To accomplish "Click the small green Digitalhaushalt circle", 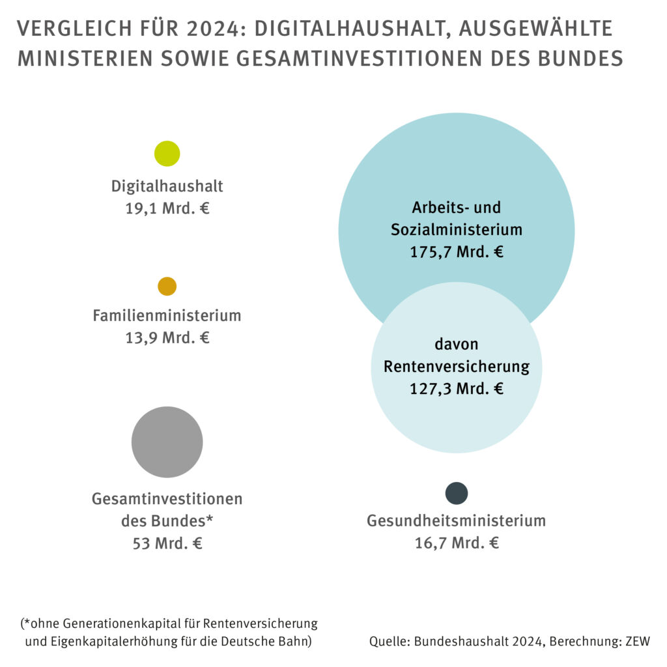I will pos(167,154).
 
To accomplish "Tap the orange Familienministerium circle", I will pos(167,287).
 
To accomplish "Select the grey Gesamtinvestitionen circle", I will pos(167,442).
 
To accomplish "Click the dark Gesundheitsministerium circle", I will pos(457,493).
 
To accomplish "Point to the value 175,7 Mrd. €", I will pos(457,252).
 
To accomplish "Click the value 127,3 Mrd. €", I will pos(457,389).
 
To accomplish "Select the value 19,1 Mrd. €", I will pos(167,209).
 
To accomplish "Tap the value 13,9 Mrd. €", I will pos(167,338).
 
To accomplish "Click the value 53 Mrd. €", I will pos(167,543).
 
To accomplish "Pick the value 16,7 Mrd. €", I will pos(457,543).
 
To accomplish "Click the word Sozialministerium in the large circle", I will pos(457,230).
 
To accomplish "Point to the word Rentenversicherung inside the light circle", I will pos(457,367).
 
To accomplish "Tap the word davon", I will pos(457,344).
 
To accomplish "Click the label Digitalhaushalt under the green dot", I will pos(167,186).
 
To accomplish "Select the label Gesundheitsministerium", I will pos(457,521).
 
